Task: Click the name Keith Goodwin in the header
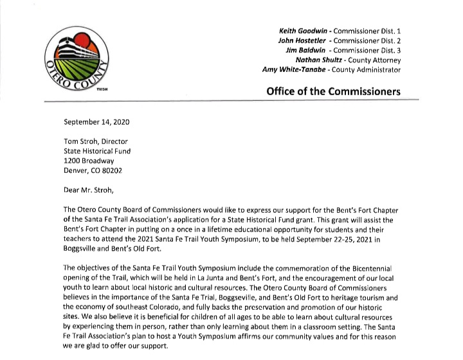[x=302, y=31]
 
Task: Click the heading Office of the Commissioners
[x=332, y=91]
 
